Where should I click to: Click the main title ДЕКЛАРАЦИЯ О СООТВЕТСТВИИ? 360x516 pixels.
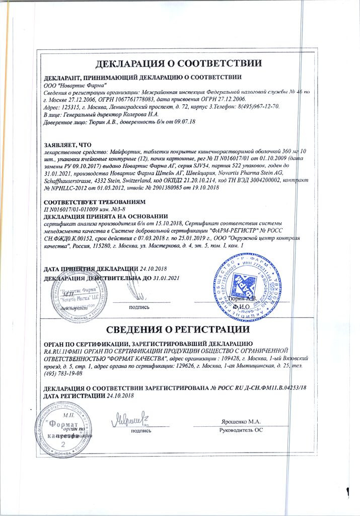tap(179, 64)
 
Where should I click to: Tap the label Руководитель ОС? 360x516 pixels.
tap(241, 430)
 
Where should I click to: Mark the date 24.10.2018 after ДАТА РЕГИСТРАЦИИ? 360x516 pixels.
tap(122, 396)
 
